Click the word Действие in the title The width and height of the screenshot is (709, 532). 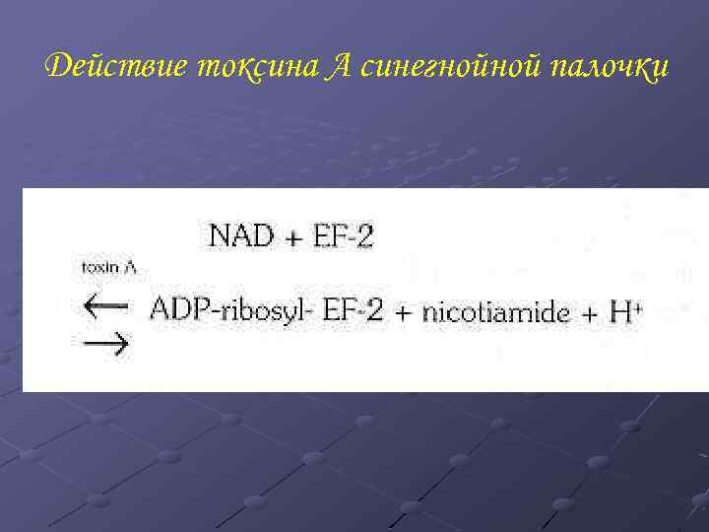point(115,66)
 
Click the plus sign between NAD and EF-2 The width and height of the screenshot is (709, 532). point(291,237)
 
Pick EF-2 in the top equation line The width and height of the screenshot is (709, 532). point(342,236)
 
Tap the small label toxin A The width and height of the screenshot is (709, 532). point(107,266)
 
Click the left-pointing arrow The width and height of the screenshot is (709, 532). point(105,305)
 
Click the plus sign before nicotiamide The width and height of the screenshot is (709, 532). point(404,313)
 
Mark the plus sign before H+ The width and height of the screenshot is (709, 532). point(590,313)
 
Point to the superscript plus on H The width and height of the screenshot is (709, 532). point(639,306)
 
